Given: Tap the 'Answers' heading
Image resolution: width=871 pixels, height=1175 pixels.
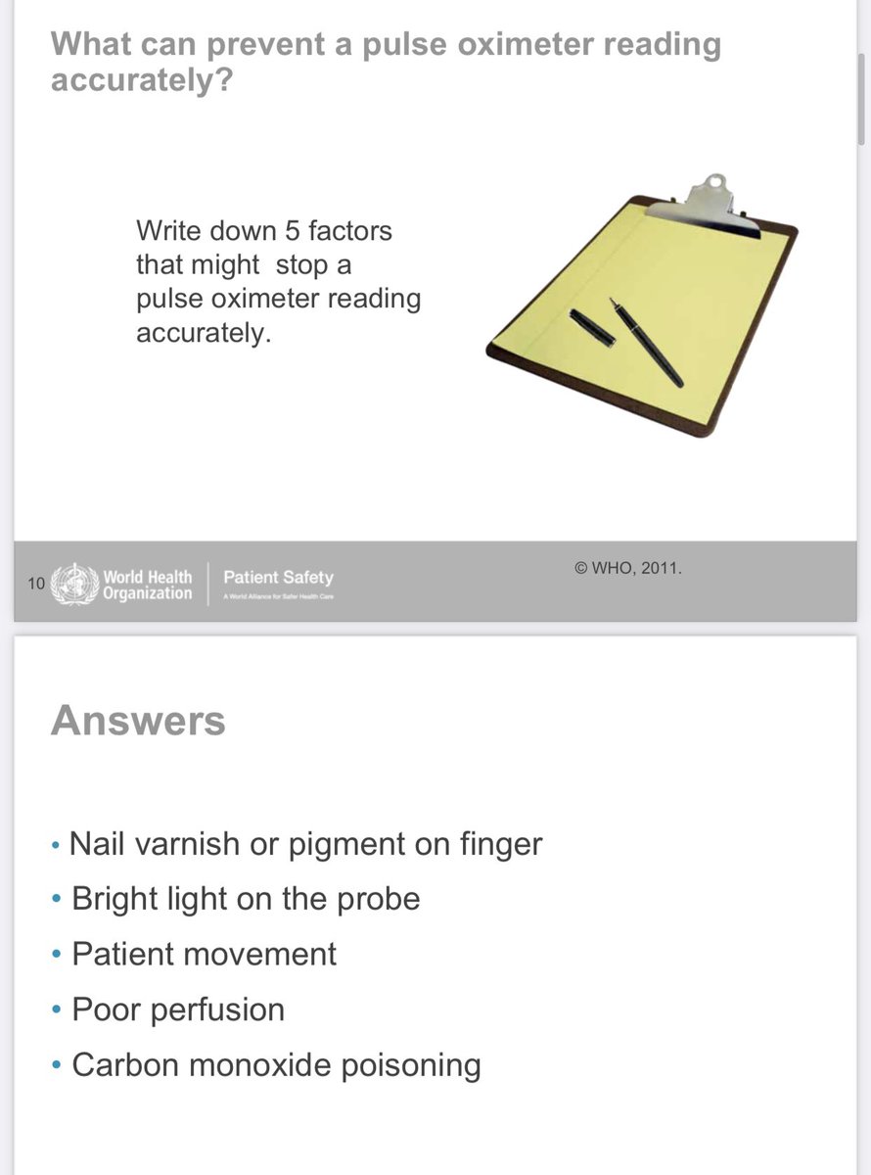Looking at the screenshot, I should coord(138,721).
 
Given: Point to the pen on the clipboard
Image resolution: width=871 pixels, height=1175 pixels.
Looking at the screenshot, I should coord(647,342).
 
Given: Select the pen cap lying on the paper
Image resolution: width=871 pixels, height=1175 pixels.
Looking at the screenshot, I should coord(592,327).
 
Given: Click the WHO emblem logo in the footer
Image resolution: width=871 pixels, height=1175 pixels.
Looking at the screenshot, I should coord(75,584).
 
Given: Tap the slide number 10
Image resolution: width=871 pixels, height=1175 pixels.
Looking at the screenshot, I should coord(36,585).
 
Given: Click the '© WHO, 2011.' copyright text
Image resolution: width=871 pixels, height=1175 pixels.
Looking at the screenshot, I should coord(627,567).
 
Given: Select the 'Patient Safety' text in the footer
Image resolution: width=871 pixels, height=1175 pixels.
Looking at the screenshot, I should coord(278,578).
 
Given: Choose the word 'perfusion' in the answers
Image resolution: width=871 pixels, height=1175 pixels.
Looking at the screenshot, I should coord(217,1010).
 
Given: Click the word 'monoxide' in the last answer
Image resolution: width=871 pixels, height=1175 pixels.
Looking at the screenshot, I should coord(261,1064).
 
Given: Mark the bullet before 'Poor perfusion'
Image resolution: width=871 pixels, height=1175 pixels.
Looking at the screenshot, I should coord(57,1009).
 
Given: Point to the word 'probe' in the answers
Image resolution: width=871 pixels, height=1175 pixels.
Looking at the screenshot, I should coord(378,899).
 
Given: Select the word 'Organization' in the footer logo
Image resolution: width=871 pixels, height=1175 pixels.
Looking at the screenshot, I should coord(148,593).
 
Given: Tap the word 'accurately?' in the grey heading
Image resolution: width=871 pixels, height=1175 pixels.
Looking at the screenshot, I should coord(141,80).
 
